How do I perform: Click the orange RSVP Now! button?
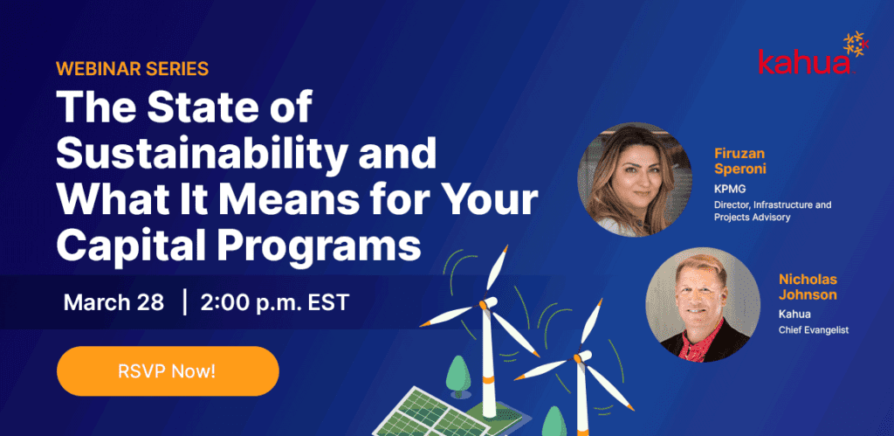[x=168, y=371]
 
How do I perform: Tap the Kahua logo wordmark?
[x=804, y=63]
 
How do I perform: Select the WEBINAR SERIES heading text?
[x=133, y=68]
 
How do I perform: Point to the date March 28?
[x=113, y=302]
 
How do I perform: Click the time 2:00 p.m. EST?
[x=274, y=302]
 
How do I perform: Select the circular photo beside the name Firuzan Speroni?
[x=635, y=179]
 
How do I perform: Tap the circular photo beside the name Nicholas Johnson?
[x=703, y=305]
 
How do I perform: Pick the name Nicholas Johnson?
[x=808, y=287]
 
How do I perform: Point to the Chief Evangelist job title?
[x=813, y=329]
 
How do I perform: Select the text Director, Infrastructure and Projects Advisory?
[x=773, y=211]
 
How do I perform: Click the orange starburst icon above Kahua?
[x=856, y=44]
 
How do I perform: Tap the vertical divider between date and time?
[x=185, y=302]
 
